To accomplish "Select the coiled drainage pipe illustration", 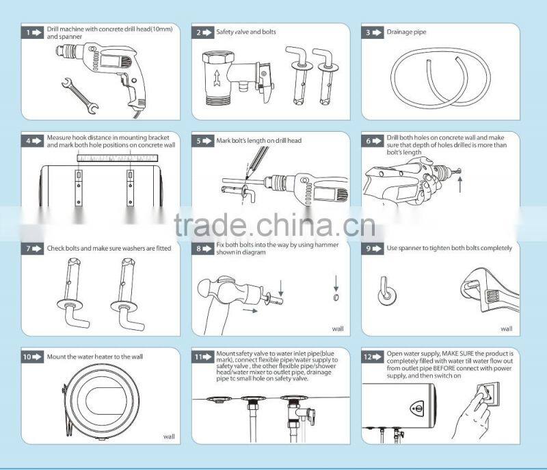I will tap(440, 79).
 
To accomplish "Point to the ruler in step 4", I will tap(117, 158).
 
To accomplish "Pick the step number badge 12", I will tap(372, 356).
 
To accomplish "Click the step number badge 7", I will tap(32, 248).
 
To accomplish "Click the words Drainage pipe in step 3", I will tap(405, 32).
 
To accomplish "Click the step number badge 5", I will tap(202, 140).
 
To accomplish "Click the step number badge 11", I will tap(202, 356).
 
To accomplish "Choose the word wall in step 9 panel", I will tap(506, 329).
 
